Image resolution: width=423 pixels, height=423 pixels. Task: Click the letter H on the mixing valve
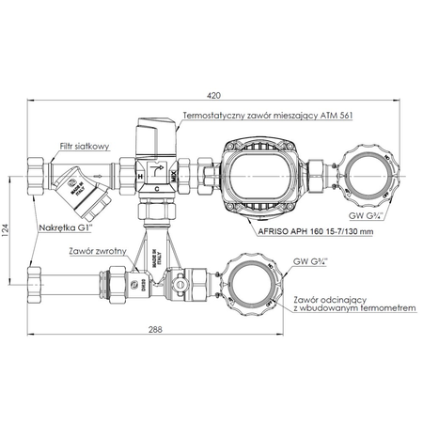[x=140, y=175]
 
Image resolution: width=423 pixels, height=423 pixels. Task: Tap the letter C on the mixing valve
[x=157, y=187]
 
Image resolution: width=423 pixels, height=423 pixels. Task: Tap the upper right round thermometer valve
[x=368, y=175]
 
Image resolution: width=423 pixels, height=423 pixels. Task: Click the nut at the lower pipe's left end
[x=33, y=279]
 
